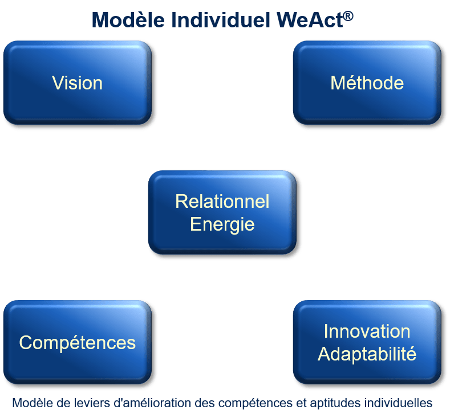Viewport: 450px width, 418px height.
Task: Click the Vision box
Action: coord(78,83)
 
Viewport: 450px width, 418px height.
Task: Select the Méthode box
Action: coord(367,83)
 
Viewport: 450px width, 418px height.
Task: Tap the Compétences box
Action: coord(78,342)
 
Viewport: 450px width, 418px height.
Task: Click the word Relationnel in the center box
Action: coord(222,201)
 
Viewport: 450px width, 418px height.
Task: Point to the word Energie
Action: coord(222,224)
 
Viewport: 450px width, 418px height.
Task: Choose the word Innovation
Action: coord(367,331)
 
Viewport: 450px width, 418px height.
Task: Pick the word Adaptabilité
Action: coord(367,354)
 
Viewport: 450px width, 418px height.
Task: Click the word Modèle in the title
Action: coord(128,20)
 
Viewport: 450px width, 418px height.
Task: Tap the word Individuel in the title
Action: coord(221,20)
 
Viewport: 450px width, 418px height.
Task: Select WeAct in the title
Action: coord(310,20)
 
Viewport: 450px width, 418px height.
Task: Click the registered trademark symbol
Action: coord(348,16)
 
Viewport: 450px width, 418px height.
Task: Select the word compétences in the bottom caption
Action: coord(255,403)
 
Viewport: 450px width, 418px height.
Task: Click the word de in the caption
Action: coord(63,403)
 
